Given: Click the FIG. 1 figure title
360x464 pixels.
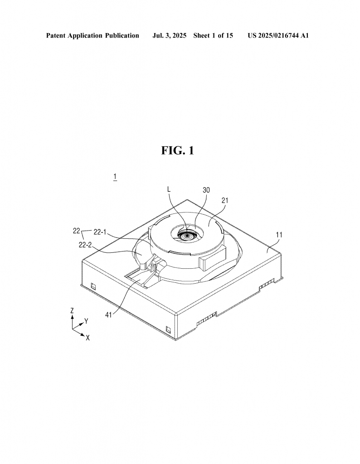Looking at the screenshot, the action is [x=178, y=150].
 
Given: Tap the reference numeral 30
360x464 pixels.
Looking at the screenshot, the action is [x=206, y=190].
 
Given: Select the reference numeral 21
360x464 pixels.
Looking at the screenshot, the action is [x=225, y=201].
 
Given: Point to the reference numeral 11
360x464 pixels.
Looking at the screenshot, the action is [x=279, y=235].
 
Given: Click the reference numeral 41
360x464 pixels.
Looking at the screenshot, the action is [x=109, y=315].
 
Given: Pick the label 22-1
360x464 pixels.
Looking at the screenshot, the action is [x=100, y=232].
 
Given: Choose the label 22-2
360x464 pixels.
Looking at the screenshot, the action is [x=85, y=245].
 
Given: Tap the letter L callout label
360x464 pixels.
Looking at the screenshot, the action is [x=169, y=189].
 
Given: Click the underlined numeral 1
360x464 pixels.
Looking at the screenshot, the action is [x=115, y=177].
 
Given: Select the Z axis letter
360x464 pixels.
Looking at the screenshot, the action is [x=72, y=311].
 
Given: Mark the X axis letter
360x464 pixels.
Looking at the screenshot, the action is [x=88, y=338].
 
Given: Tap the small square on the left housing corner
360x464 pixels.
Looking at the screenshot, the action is [x=93, y=286].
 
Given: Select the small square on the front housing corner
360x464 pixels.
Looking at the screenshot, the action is [x=168, y=329].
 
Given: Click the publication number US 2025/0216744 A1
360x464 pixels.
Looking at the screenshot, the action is [x=278, y=36].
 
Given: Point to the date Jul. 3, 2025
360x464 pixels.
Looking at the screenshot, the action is [x=169, y=36].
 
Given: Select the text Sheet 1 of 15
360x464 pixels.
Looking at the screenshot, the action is [x=213, y=36].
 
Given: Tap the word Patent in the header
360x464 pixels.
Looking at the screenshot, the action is [x=56, y=36].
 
